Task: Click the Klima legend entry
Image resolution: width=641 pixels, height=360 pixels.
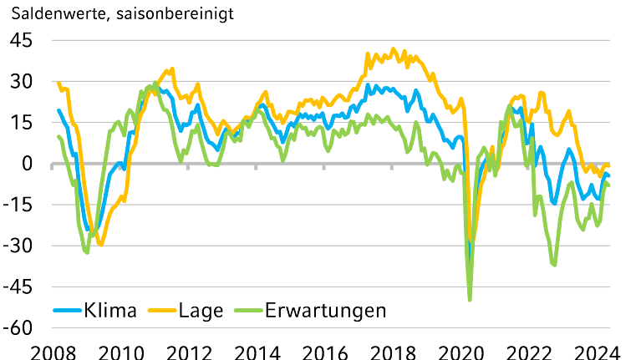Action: click(x=111, y=311)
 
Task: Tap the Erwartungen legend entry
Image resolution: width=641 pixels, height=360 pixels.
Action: click(x=325, y=311)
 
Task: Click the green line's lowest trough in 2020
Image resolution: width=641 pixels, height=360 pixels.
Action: click(x=470, y=300)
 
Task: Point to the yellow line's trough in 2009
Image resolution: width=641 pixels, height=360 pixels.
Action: click(x=101, y=244)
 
